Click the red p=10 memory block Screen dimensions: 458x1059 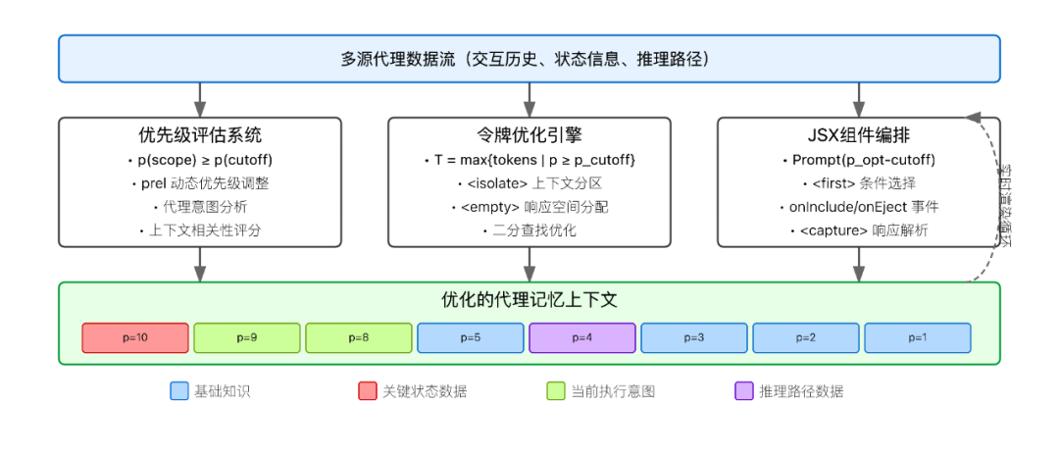pyautogui.click(x=135, y=337)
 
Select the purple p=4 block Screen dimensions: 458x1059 pyautogui.click(x=582, y=337)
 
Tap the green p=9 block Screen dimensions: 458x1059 pyautogui.click(x=247, y=337)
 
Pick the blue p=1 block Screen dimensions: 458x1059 pyautogui.click(x=918, y=337)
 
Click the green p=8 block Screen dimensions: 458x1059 pyautogui.click(x=359, y=337)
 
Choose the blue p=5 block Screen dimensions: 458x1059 pyautogui.click(x=471, y=337)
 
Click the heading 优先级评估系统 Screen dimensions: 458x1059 pyautogui.click(x=200, y=135)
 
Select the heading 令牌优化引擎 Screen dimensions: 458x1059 pyautogui.click(x=529, y=135)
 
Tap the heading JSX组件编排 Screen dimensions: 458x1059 pyautogui.click(x=859, y=135)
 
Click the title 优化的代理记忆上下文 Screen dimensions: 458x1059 pyautogui.click(x=529, y=300)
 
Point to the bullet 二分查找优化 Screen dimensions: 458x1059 pyautogui.click(x=529, y=231)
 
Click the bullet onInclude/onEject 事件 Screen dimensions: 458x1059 pyautogui.click(x=859, y=208)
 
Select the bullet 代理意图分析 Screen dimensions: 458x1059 pyautogui.click(x=200, y=208)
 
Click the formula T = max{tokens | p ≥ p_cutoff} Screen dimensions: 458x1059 pyautogui.click(x=529, y=160)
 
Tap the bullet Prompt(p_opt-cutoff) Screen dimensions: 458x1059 pyautogui.click(x=859, y=160)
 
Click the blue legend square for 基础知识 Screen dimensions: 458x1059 pyautogui.click(x=178, y=391)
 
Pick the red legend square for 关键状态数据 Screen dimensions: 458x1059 pyautogui.click(x=368, y=391)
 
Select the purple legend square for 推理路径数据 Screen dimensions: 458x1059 pyautogui.click(x=743, y=391)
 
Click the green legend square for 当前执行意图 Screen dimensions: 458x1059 pyautogui.click(x=556, y=391)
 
